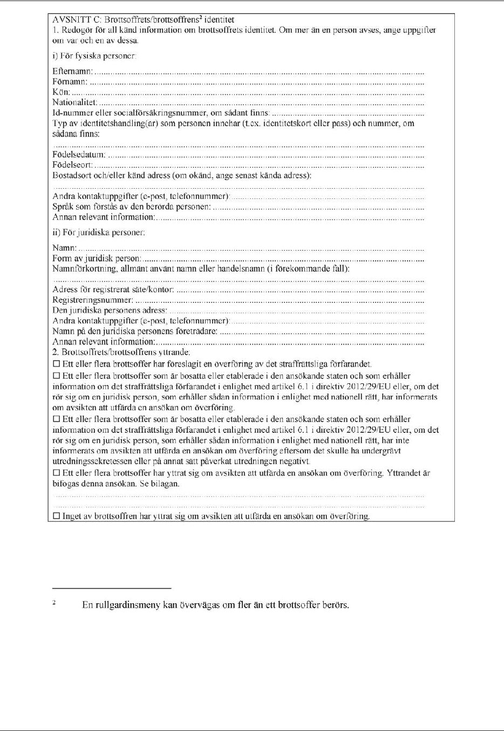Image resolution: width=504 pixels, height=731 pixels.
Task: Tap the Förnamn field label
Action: pos(70,81)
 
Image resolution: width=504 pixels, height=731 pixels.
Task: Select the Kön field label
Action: pos(60,92)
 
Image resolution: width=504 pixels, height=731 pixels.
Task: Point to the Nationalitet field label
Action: pos(74,102)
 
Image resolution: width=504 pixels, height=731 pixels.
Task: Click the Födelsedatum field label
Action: pos(79,155)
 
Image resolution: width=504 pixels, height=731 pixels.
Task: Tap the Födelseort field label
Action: pos(72,165)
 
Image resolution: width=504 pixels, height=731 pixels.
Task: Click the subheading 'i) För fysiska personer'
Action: pos(94,56)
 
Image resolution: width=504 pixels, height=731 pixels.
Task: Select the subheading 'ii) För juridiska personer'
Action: pos(98,233)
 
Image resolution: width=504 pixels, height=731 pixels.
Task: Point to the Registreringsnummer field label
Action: pos(92,300)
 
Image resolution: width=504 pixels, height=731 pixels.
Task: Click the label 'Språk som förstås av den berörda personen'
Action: pos(132,206)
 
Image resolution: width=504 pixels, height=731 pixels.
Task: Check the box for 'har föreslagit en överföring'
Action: pos(56,364)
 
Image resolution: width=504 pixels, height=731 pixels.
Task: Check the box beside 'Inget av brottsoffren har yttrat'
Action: pos(56,516)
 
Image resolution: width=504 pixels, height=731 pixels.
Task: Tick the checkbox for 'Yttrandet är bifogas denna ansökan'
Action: pos(56,473)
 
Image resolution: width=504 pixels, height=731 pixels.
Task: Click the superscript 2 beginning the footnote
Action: pos(54,602)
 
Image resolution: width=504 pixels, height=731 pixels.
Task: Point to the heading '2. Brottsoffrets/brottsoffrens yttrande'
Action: pos(121,352)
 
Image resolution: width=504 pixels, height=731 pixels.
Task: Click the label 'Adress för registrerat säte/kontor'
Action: pos(113,289)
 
